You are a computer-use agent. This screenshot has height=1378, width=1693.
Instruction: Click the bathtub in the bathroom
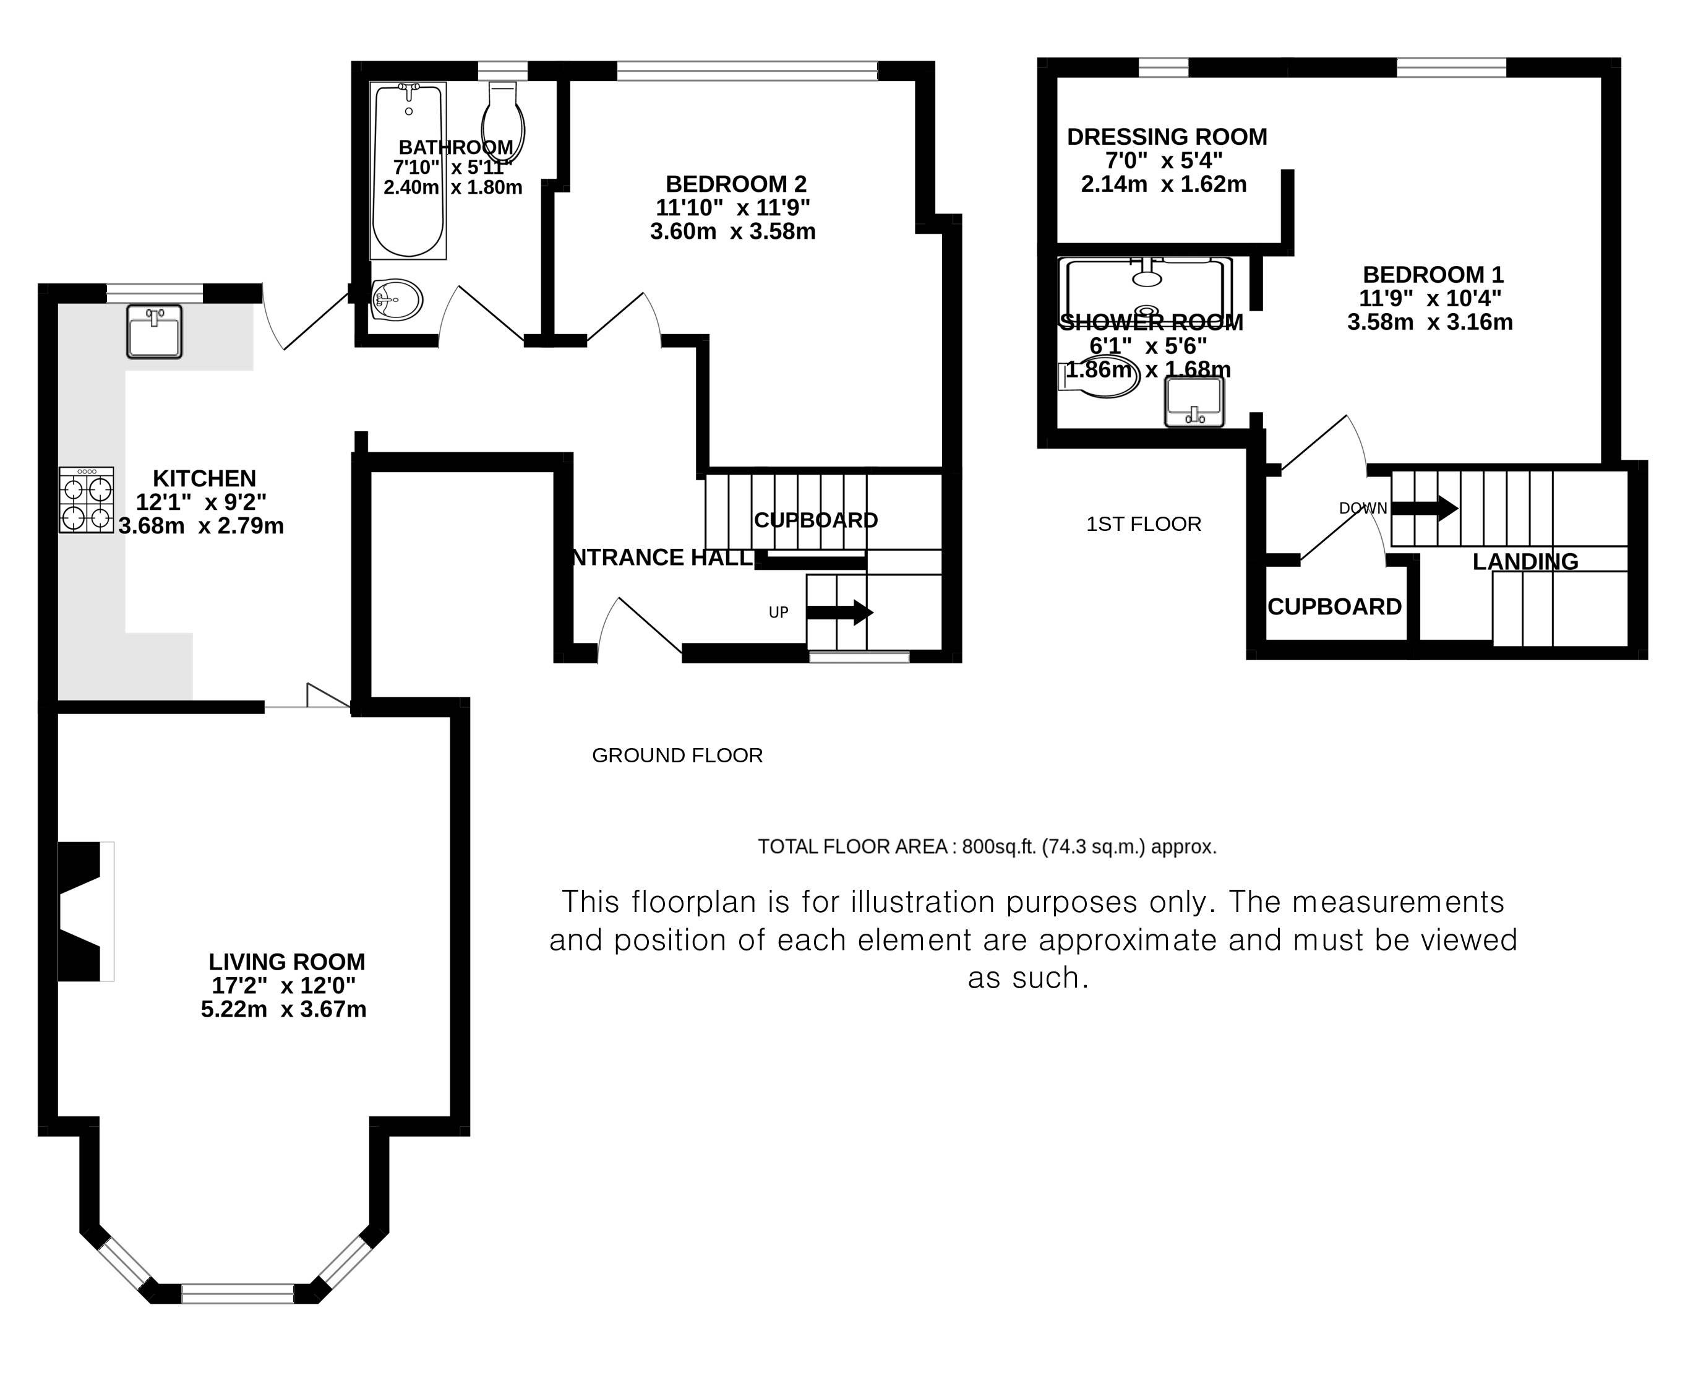pyautogui.click(x=408, y=171)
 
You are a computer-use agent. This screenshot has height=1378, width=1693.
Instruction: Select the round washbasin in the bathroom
pyautogui.click(x=396, y=299)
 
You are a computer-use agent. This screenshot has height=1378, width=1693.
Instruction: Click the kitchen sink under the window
pyautogui.click(x=155, y=331)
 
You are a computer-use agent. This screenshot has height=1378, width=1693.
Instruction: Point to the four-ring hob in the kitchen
pyautogui.click(x=87, y=499)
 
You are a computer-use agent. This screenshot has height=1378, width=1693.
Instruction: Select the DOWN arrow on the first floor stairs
pyautogui.click(x=1425, y=508)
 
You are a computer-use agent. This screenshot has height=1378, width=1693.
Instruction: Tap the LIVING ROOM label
pyautogui.click(x=287, y=962)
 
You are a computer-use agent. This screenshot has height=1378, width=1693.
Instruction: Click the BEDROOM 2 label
pyautogui.click(x=736, y=184)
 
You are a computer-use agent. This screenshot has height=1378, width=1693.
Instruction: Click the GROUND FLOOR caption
pyautogui.click(x=677, y=756)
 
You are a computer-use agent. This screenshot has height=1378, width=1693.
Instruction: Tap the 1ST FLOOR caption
pyautogui.click(x=1144, y=524)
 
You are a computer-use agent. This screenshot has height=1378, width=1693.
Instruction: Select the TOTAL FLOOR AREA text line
pyautogui.click(x=987, y=847)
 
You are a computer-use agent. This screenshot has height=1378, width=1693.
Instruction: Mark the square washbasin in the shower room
pyautogui.click(x=1194, y=402)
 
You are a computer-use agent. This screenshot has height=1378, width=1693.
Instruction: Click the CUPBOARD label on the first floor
pyautogui.click(x=1334, y=607)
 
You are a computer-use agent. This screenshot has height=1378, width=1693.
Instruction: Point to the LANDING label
pyautogui.click(x=1525, y=562)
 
